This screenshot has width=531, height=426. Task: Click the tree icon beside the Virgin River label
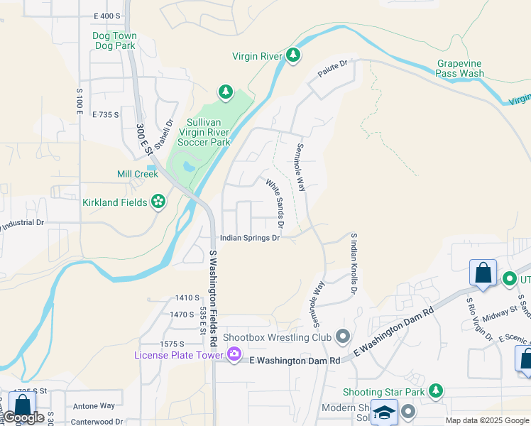click(x=292, y=56)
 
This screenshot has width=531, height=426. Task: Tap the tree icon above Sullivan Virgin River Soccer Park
click(x=226, y=92)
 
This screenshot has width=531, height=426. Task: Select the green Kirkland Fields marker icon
click(x=158, y=203)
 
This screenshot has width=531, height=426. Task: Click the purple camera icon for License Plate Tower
click(x=234, y=354)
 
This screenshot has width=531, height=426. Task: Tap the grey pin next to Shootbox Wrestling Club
click(x=343, y=336)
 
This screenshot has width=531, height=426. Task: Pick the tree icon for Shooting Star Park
click(x=435, y=391)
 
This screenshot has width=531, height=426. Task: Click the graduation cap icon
click(x=384, y=413)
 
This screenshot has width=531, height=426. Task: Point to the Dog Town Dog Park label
click(x=114, y=40)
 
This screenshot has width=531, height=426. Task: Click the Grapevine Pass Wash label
click(x=460, y=68)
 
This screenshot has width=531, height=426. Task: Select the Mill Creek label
click(x=138, y=174)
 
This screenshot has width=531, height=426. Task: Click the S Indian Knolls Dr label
click(x=353, y=264)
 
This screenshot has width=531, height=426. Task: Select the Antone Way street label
click(x=93, y=405)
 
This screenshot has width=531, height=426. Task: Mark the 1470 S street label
click(x=182, y=314)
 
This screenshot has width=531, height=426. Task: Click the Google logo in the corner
click(x=24, y=417)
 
